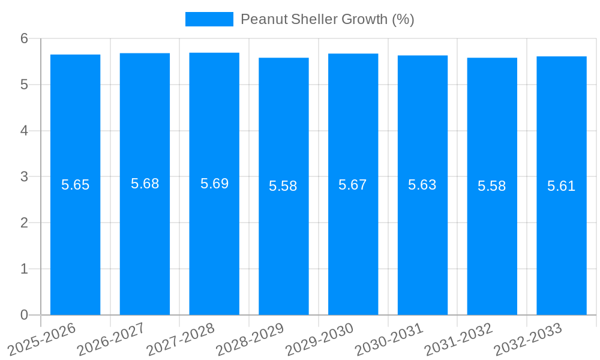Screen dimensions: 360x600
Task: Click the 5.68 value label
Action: point(145,184)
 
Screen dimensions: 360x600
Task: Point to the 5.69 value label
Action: point(214,184)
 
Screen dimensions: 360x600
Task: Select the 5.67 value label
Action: point(353,185)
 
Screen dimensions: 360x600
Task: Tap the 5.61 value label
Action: point(562,186)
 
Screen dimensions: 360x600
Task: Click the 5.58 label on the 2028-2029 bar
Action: point(283,186)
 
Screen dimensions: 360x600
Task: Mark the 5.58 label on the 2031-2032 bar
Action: point(492,186)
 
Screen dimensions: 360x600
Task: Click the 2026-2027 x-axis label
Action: point(111,339)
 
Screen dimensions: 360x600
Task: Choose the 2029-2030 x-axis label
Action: point(319,339)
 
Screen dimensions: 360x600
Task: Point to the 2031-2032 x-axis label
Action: point(458,339)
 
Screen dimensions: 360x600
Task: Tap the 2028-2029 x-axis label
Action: point(250,339)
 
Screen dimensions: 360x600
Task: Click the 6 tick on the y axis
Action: point(24,38)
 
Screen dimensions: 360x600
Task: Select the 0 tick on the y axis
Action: point(24,315)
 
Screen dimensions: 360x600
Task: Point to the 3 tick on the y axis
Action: point(24,176)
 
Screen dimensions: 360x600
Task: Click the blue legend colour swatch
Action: point(209,19)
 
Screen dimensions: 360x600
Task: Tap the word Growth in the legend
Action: point(364,19)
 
